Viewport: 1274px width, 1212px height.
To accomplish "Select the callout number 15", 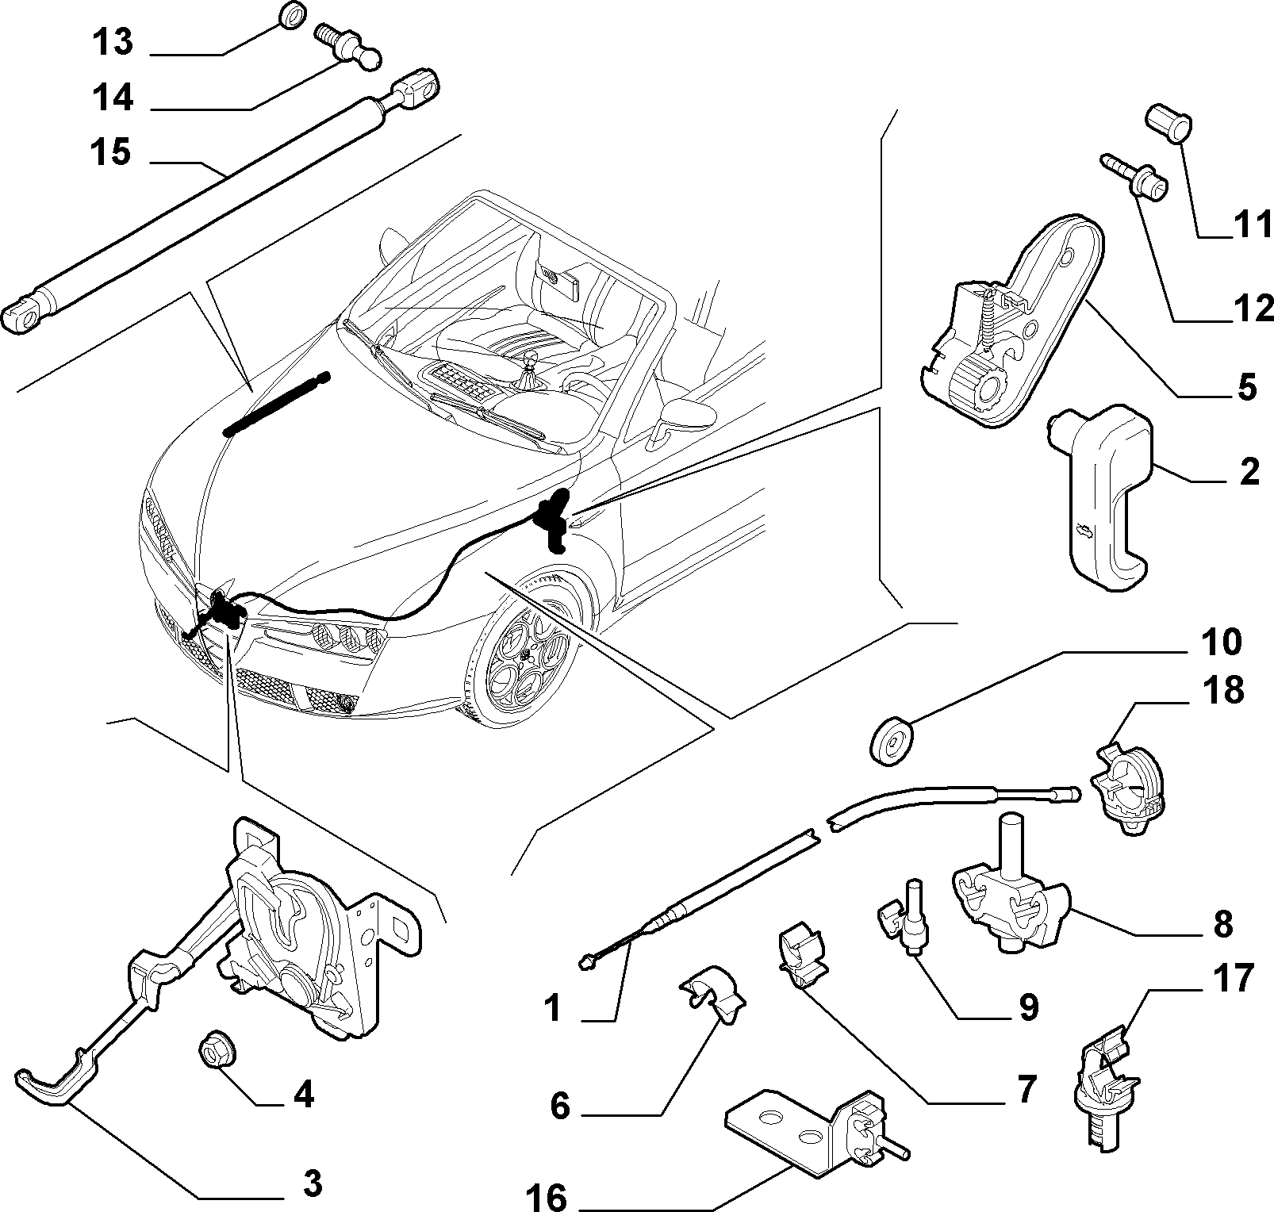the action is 110,152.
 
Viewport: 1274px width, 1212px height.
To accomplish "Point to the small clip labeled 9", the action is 906,913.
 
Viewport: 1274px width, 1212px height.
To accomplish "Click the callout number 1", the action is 553,1010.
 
